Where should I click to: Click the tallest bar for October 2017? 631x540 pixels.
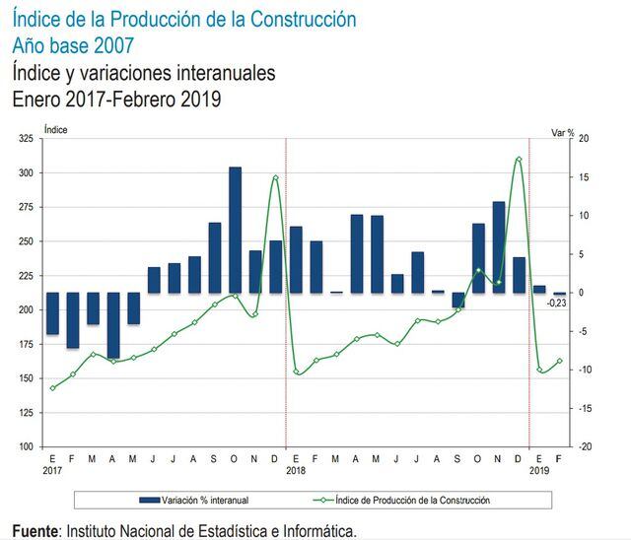(x=235, y=230)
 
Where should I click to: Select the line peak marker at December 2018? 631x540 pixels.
(x=519, y=159)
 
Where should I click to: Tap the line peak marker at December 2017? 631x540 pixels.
(x=275, y=177)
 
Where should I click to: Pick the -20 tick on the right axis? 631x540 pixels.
(x=583, y=446)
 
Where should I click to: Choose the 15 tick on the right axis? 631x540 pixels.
(x=583, y=177)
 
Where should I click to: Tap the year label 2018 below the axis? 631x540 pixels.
(x=296, y=470)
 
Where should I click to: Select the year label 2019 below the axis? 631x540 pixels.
(x=539, y=470)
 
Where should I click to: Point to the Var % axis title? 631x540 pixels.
(x=562, y=130)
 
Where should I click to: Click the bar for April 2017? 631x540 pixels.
(x=113, y=325)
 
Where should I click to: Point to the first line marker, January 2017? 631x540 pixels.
(x=53, y=387)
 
